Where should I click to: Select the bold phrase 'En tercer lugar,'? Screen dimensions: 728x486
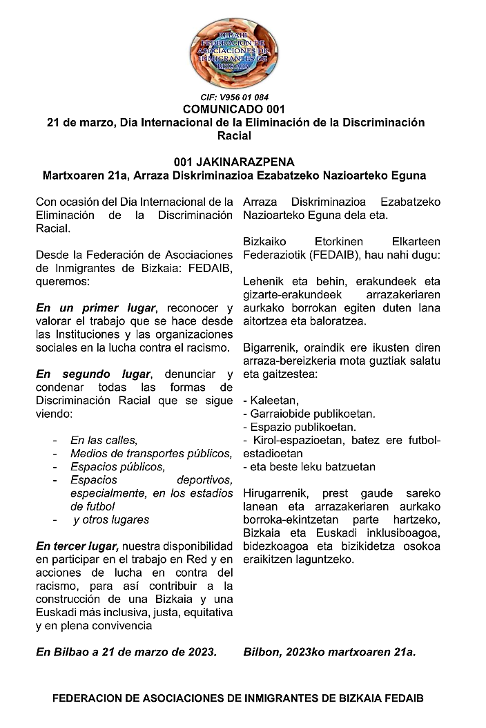pyautogui.click(x=78, y=546)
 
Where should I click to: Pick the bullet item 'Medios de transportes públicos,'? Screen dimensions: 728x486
pyautogui.click(x=151, y=453)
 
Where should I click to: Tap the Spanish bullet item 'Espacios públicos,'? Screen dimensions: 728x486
pyautogui.click(x=118, y=466)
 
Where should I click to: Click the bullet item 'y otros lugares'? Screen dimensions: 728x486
pyautogui.click(x=110, y=519)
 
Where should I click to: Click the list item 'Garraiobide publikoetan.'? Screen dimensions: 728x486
pyautogui.click(x=312, y=414)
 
